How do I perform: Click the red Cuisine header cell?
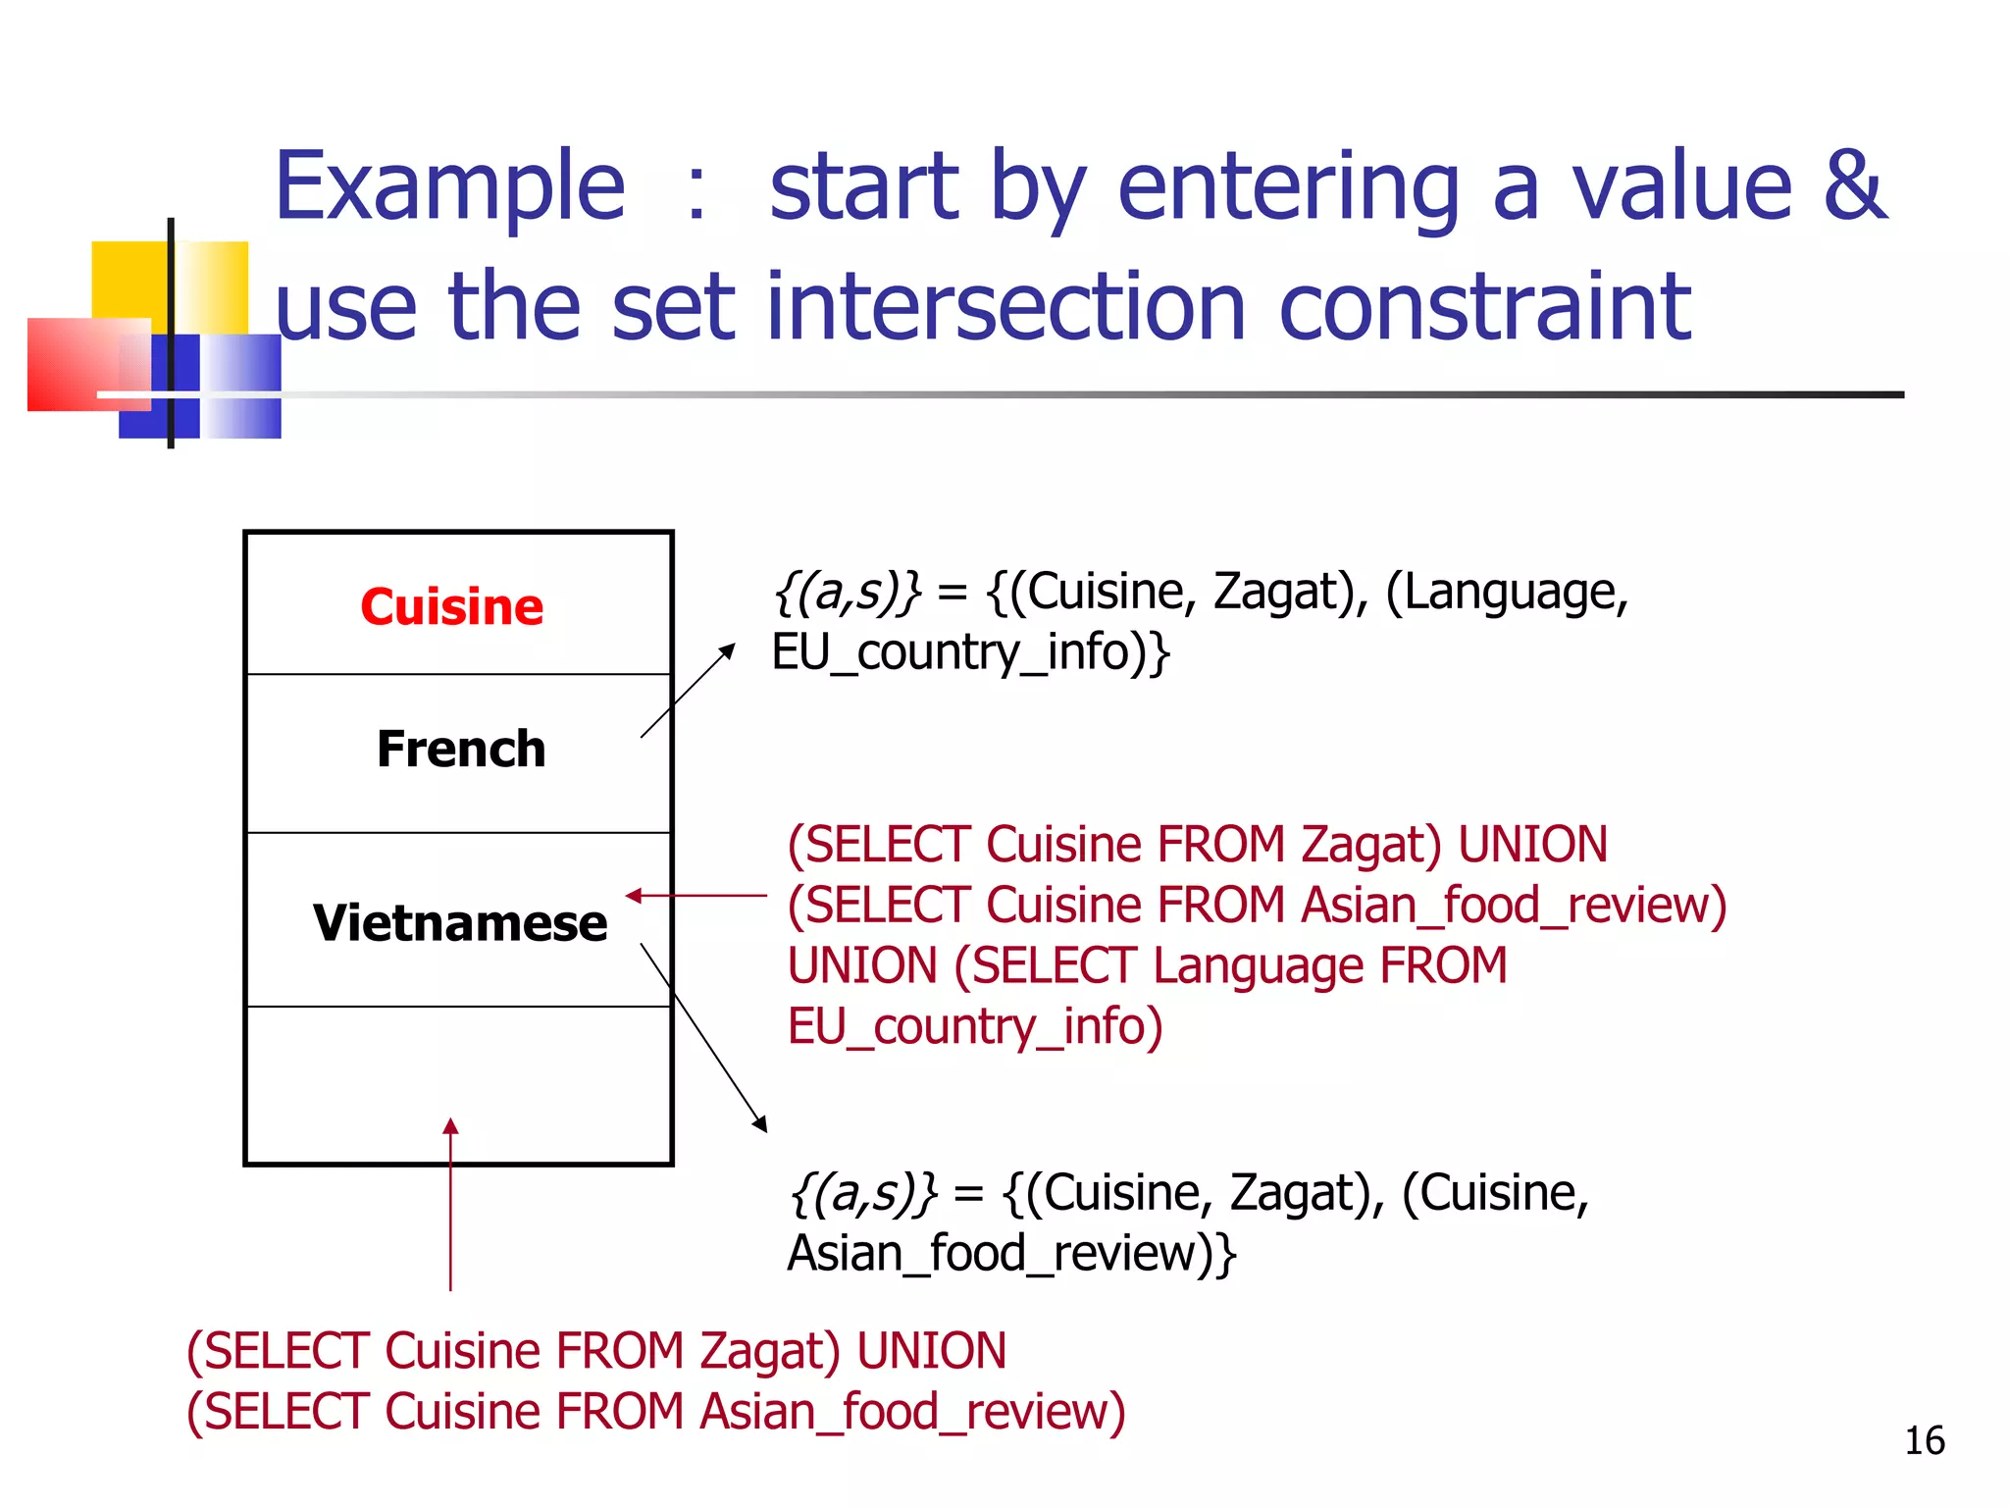(451, 606)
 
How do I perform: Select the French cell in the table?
(460, 750)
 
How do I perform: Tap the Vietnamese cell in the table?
(460, 923)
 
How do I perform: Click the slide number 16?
(1924, 1440)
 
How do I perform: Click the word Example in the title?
(449, 186)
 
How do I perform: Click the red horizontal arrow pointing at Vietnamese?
(696, 896)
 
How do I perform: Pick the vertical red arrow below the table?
(450, 1207)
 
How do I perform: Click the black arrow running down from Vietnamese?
(703, 1037)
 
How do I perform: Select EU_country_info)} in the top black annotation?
(970, 653)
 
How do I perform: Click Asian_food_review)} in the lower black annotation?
(1011, 1254)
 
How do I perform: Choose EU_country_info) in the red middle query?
(975, 1026)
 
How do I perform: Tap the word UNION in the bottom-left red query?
(931, 1351)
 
